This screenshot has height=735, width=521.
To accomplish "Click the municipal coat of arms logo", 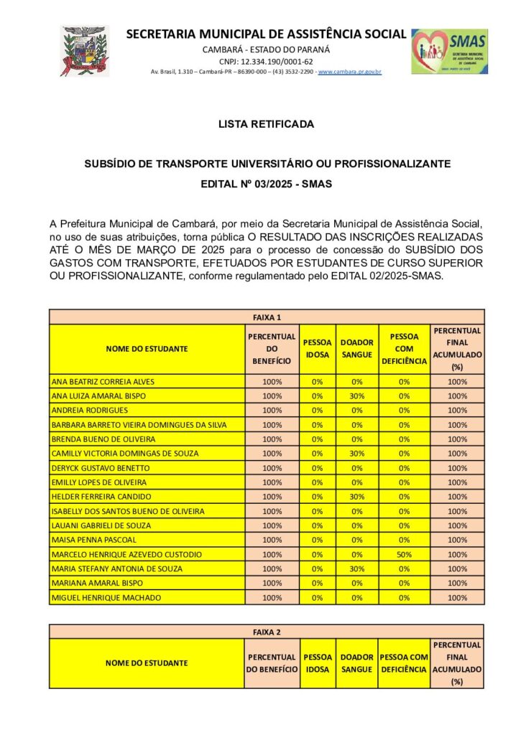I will [85, 51].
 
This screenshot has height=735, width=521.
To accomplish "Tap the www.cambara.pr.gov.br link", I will [349, 72].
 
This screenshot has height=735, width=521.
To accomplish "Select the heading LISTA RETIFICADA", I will [267, 124].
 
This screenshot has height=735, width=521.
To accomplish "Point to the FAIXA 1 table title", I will [267, 317].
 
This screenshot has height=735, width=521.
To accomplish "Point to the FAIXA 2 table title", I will [267, 632].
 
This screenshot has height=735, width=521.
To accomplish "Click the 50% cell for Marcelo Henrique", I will [404, 554].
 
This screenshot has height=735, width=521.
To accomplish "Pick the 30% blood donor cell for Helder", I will [356, 497].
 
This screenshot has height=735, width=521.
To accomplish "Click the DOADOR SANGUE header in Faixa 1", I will [356, 349].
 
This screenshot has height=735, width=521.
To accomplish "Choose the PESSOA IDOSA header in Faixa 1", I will [318, 349].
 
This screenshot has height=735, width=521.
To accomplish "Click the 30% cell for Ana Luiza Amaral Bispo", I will [356, 395].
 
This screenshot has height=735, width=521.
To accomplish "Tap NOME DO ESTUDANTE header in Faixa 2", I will [147, 663].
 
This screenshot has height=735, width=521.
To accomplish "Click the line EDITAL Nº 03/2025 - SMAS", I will [267, 184].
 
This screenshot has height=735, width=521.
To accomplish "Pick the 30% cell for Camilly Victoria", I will [356, 453].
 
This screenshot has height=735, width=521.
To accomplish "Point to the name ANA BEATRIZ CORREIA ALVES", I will [103, 381].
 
